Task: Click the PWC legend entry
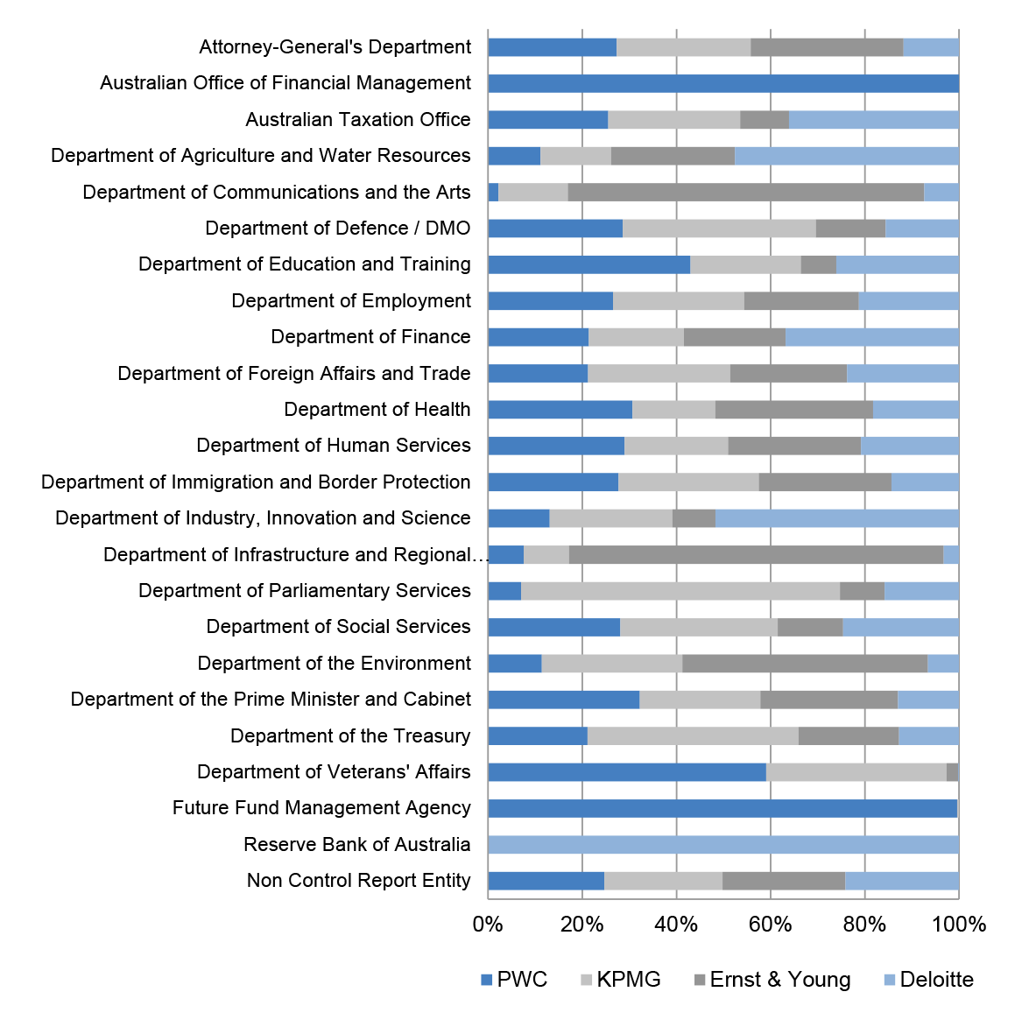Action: click(514, 980)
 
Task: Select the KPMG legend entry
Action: click(620, 980)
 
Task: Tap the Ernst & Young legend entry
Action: click(772, 980)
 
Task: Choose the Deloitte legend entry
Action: click(928, 980)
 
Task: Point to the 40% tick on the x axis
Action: click(677, 925)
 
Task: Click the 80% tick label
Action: click(865, 925)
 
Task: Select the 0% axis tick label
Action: click(489, 925)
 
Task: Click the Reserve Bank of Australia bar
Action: click(723, 844)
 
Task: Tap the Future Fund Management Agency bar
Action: click(722, 808)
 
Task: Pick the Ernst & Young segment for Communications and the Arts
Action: click(746, 193)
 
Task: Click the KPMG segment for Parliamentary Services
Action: click(680, 591)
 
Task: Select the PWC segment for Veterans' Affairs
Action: click(627, 772)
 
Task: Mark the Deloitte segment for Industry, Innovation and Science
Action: click(837, 518)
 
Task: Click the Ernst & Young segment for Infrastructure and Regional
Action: click(756, 555)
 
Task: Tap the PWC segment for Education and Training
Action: click(589, 264)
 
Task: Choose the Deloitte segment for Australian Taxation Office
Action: click(874, 120)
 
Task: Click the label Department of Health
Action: click(377, 409)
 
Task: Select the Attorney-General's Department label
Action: click(335, 47)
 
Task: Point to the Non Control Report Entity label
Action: click(359, 880)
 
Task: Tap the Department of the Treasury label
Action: click(350, 736)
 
